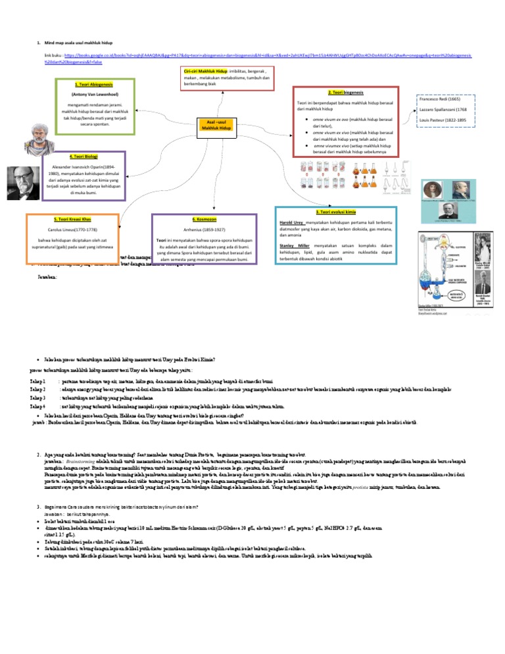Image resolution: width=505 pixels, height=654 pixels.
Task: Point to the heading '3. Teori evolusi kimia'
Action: click(335, 213)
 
